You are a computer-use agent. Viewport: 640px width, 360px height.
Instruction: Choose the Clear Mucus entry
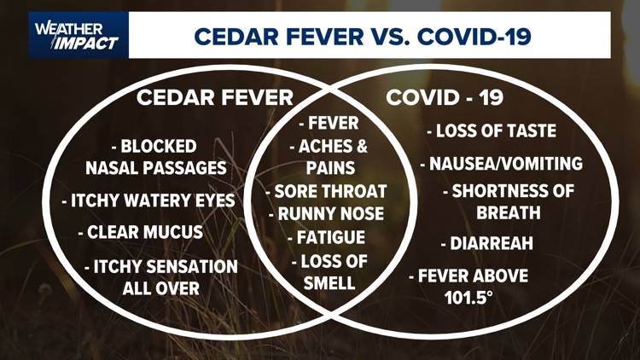pos(140,232)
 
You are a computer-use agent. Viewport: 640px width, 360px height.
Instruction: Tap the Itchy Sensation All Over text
pos(160,277)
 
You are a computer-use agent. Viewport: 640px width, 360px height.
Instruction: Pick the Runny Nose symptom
pos(325,213)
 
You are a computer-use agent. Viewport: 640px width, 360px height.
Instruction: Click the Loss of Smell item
pos(329,271)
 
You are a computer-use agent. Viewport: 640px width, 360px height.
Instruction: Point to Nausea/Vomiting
pos(501,163)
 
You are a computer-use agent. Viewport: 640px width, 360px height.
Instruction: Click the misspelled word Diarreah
pos(486,244)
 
